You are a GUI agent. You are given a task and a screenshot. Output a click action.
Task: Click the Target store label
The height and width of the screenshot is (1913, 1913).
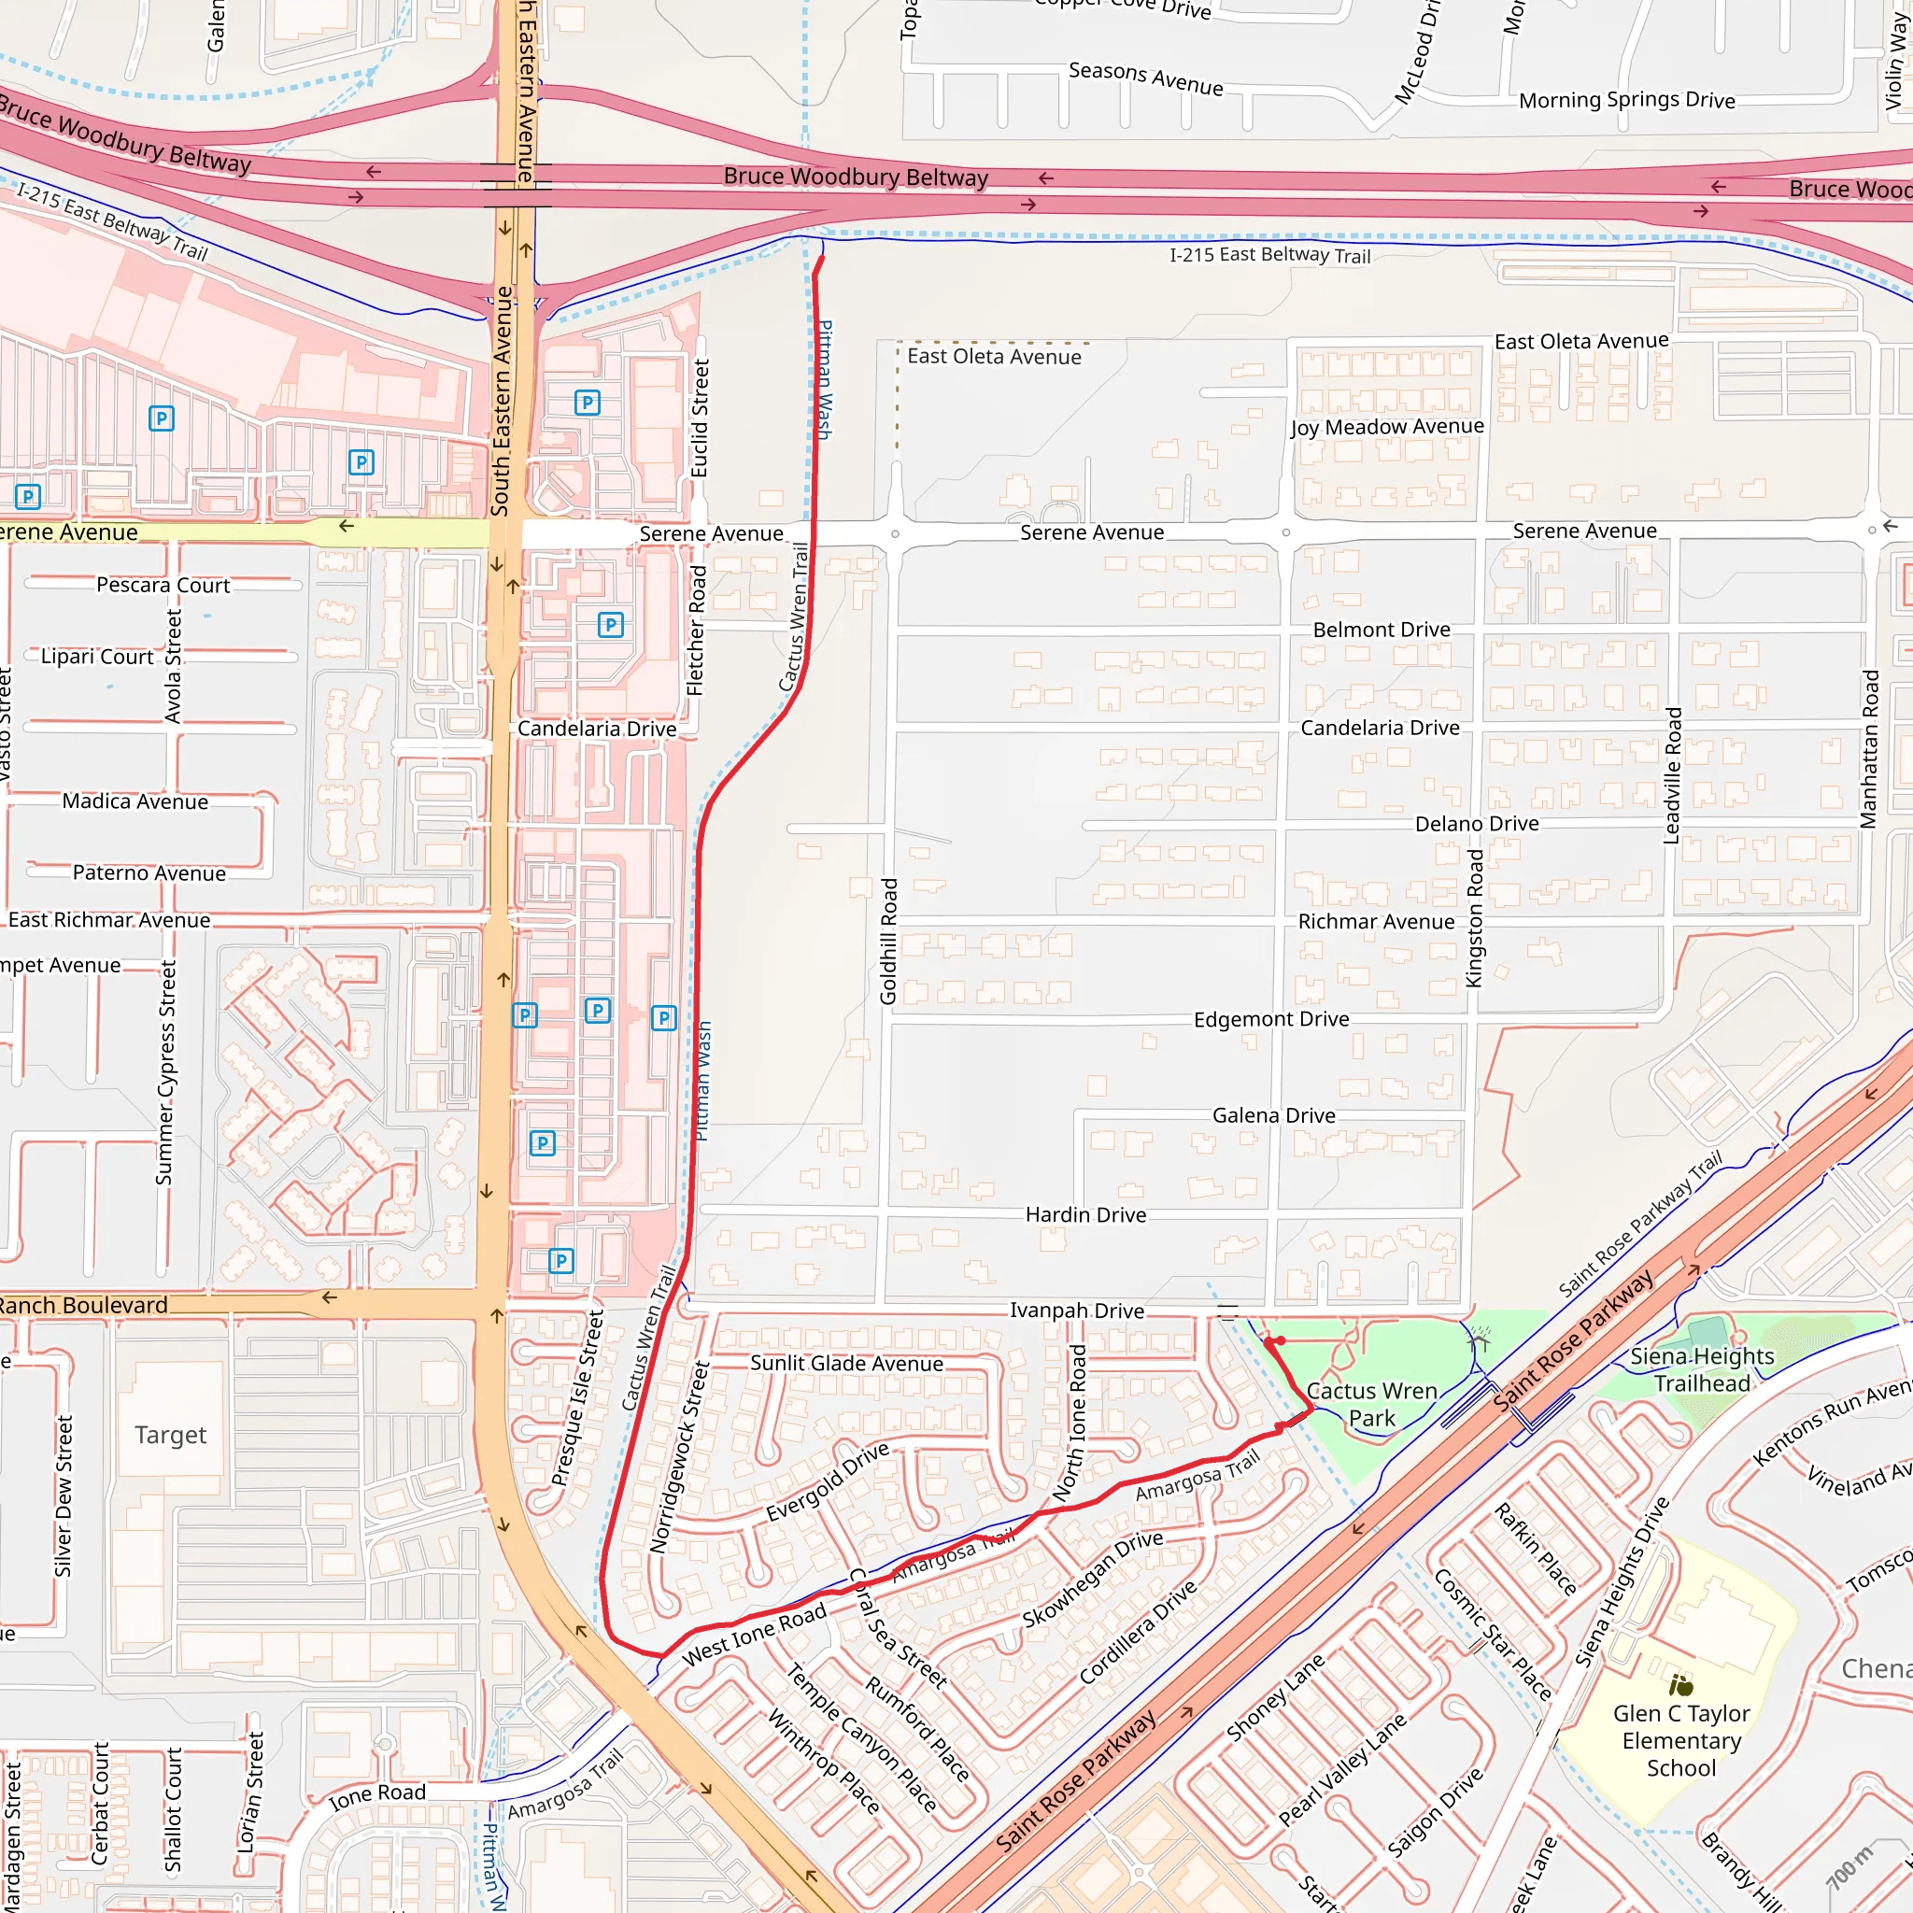[170, 1435]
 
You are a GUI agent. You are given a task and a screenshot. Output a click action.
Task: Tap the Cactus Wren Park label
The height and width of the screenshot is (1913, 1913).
[1371, 1405]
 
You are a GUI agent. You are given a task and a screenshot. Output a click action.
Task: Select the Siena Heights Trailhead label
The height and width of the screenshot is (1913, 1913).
[1702, 1369]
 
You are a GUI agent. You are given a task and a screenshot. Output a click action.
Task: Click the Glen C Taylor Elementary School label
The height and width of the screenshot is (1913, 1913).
[1681, 1741]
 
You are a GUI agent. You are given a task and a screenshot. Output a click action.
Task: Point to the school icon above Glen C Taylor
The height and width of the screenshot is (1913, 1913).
[1681, 1684]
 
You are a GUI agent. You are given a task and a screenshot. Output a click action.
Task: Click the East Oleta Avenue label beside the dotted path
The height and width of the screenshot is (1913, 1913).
[994, 357]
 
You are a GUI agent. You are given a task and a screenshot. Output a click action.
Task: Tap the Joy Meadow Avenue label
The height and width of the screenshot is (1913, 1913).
[1387, 427]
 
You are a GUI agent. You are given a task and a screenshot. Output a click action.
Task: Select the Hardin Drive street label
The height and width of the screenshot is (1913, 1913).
[1085, 1215]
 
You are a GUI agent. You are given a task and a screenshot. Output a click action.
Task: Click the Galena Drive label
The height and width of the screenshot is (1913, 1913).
[1273, 1116]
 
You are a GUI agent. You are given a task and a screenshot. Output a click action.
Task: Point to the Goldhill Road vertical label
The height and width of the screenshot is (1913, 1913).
[889, 941]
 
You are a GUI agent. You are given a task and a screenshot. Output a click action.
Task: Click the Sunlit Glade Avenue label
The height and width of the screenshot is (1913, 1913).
[846, 1364]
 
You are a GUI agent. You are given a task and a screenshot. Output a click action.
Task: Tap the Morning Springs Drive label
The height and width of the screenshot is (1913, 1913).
[1627, 100]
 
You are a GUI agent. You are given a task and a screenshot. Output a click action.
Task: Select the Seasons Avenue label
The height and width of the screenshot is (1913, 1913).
[1145, 78]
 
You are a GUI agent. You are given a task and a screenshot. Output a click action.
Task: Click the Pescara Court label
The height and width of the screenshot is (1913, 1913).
[163, 585]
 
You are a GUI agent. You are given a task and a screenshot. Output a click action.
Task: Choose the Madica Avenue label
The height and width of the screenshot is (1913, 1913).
[135, 801]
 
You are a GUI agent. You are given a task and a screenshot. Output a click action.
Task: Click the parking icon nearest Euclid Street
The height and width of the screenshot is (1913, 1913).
[588, 402]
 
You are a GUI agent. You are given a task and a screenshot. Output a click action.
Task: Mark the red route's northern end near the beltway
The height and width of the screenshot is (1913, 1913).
[821, 260]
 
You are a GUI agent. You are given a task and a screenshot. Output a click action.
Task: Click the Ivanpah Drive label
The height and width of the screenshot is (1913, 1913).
[1076, 1310]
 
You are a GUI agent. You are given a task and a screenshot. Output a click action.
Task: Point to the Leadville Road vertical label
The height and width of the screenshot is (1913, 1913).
[1672, 775]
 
